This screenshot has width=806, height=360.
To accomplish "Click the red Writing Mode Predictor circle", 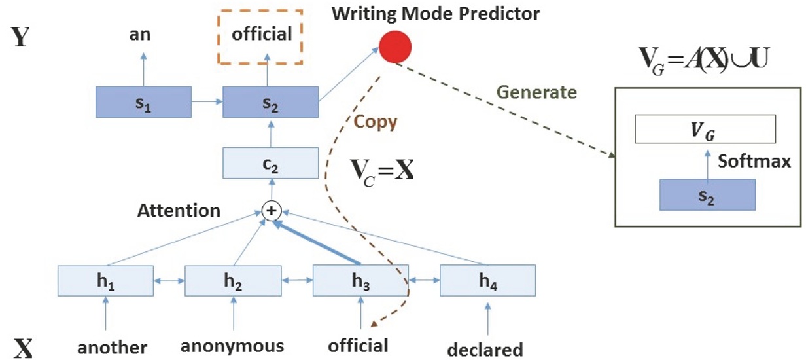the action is coord(395,47).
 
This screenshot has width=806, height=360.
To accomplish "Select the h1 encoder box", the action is coord(105,281).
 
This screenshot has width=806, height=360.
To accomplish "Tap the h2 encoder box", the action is coord(233,281).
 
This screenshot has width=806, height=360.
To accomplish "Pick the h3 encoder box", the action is coord(360,280).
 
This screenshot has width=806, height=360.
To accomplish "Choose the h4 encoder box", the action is coord(487,280).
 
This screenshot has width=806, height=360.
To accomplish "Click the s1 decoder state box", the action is coord(143,102).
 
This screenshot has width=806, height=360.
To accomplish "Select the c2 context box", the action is coord(271,163).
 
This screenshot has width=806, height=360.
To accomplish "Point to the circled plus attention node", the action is coord(272,211).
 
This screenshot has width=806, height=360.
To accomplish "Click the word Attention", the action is coord(179,210).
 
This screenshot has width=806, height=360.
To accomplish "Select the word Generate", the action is coord(537,92).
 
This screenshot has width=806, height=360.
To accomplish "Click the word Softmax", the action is coord(754,161).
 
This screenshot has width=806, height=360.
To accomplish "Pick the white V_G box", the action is coord(705,129).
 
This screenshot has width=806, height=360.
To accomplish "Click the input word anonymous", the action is coord(232,346).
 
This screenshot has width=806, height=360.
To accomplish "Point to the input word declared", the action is coord(485,350).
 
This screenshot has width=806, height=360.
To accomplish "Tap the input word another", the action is coord(112,348).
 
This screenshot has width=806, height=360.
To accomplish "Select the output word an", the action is coord(140,35).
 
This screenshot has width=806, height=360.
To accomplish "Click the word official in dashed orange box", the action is coord(262,34).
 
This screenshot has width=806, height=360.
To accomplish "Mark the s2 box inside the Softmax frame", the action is coord(707,195).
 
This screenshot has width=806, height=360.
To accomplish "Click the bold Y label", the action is coord(20,37).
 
